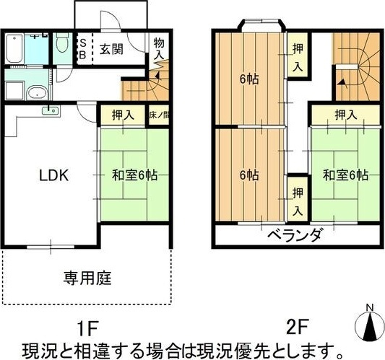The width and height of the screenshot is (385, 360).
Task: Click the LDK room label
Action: tap(53, 175)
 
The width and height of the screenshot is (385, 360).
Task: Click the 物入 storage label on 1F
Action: tap(160, 48)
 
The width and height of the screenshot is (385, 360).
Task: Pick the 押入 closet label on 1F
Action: tap(123, 115)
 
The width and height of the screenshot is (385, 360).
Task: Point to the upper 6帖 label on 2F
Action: tap(250, 77)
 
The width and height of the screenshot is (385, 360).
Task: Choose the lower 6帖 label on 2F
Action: tap(250, 175)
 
